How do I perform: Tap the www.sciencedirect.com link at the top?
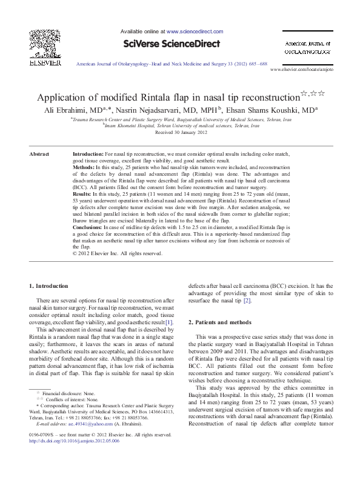[x=192, y=30]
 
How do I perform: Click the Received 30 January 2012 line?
[x=180, y=132]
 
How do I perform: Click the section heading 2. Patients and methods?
[x=220, y=322]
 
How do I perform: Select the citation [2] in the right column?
[x=247, y=301]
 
